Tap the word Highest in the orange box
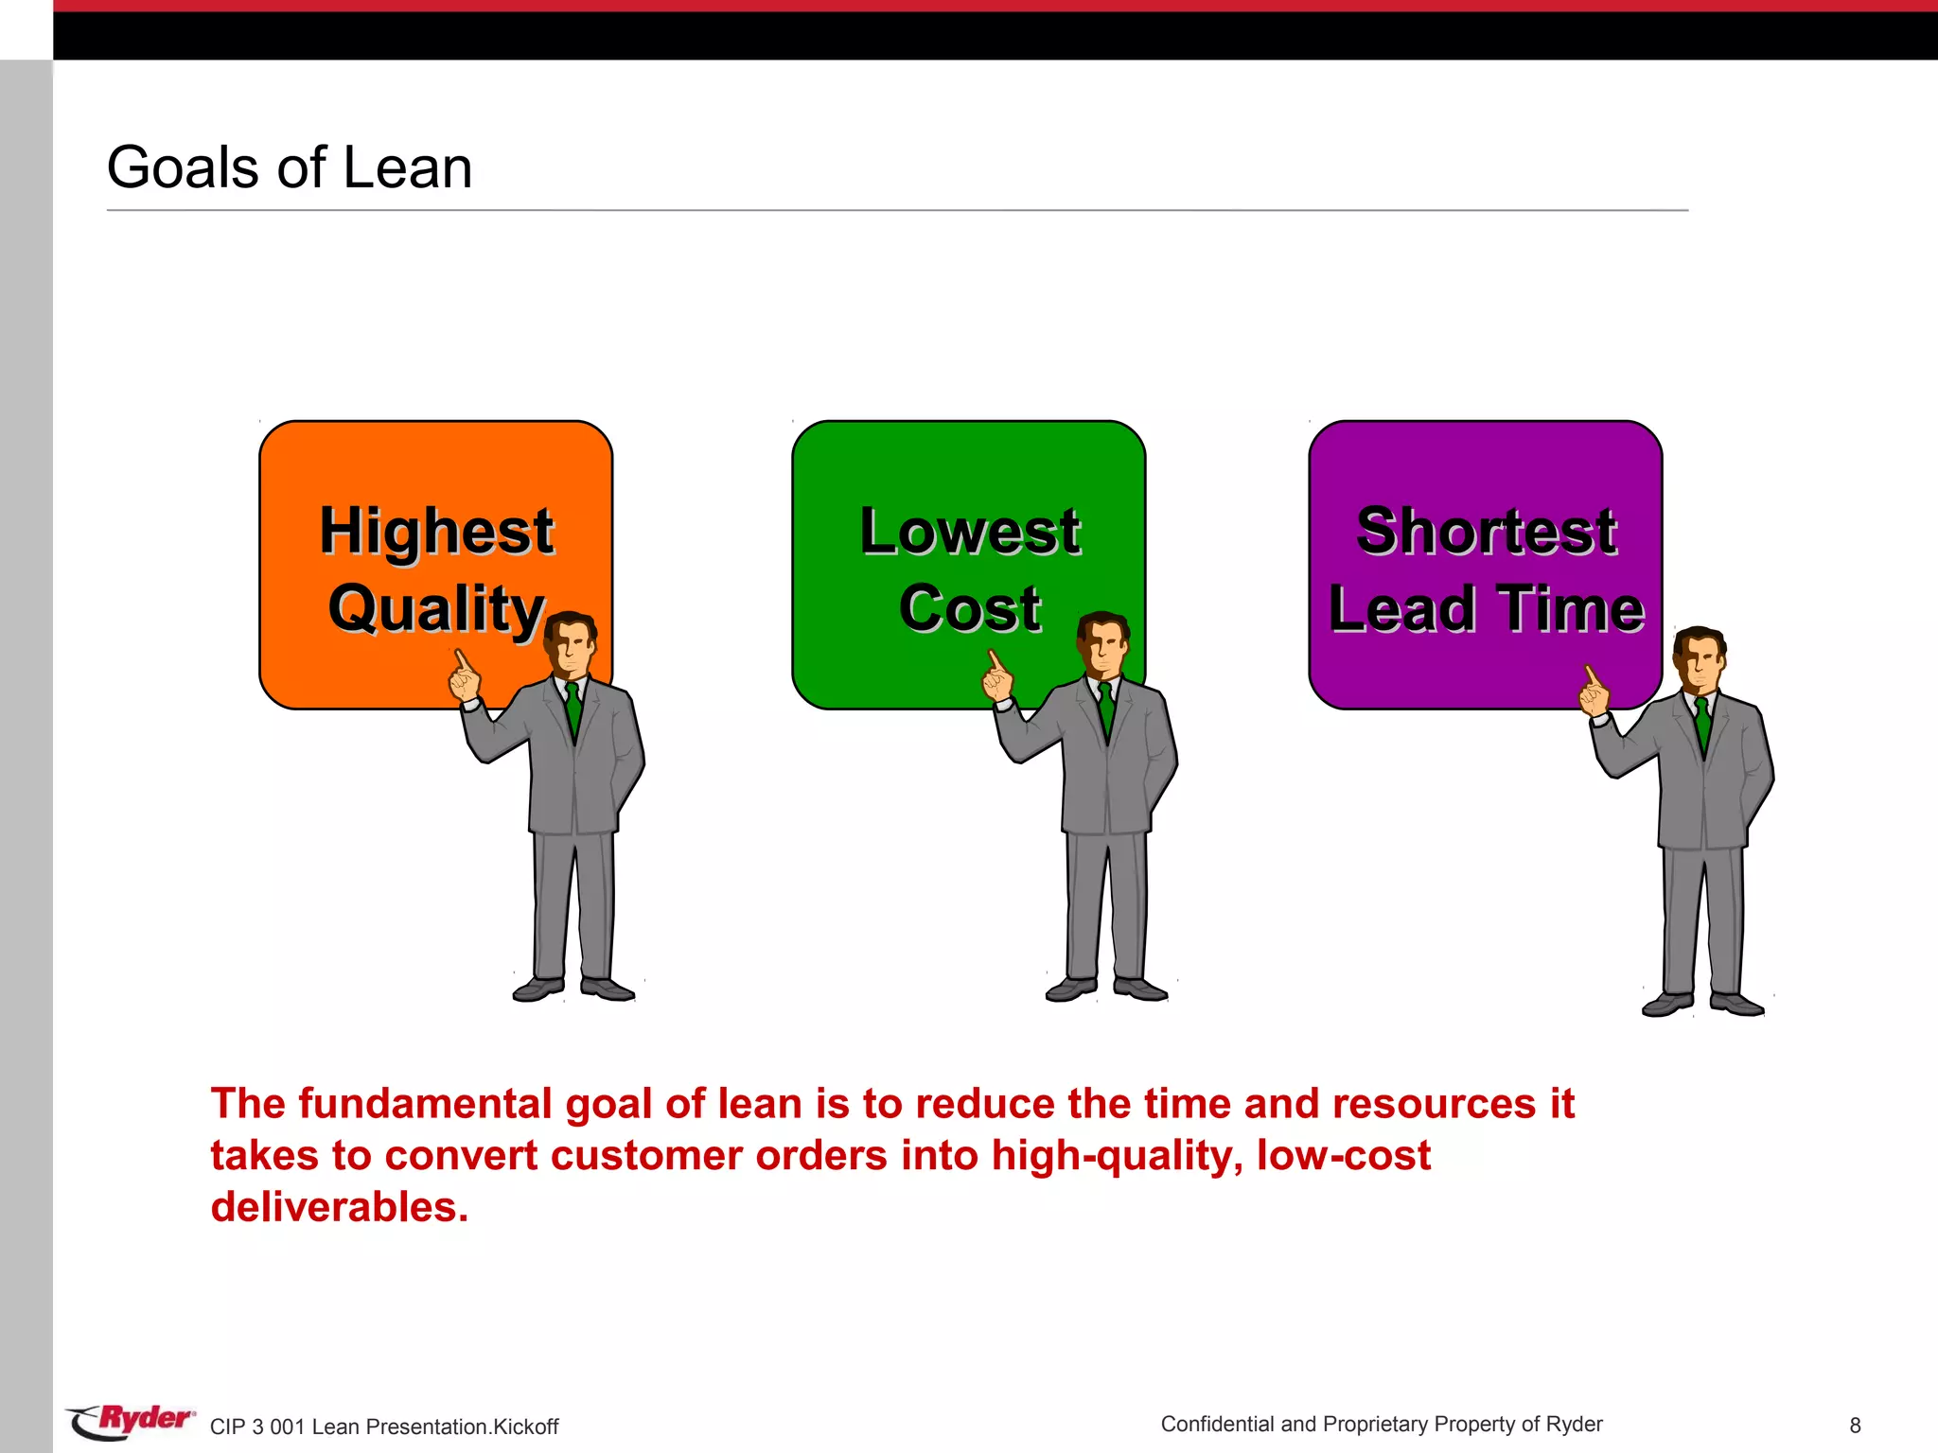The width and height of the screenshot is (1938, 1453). click(436, 531)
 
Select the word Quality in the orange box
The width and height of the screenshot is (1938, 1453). click(436, 608)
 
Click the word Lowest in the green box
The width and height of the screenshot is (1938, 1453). click(970, 531)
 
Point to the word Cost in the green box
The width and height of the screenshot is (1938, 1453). click(970, 608)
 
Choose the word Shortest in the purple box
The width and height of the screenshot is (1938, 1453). click(1486, 531)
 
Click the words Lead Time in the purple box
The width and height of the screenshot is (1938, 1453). click(1486, 608)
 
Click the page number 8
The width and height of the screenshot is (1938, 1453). click(1855, 1426)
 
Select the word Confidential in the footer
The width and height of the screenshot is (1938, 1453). click(1217, 1425)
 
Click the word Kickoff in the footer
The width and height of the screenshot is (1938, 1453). click(526, 1427)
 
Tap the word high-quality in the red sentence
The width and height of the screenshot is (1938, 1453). click(1117, 1156)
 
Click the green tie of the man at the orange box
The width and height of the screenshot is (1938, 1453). click(573, 709)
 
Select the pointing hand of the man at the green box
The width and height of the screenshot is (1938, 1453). click(997, 677)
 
